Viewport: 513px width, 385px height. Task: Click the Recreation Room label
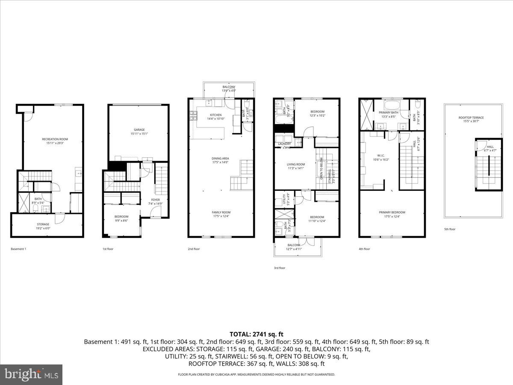click(55, 139)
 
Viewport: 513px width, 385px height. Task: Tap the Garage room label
click(139, 130)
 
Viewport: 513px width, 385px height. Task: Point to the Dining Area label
click(220, 158)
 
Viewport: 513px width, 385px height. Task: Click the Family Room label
click(221, 213)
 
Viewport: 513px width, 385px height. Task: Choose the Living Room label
click(295, 164)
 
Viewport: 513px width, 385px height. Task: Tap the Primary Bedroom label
click(392, 213)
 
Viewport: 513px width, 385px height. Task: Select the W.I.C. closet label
click(381, 155)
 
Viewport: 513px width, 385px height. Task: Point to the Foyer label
click(154, 200)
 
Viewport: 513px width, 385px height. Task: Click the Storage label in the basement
click(43, 224)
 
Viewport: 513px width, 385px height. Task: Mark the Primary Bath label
click(388, 113)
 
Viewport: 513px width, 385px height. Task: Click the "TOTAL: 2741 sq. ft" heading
click(256, 334)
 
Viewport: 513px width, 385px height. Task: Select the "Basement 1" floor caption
click(18, 249)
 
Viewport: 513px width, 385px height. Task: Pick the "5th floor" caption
click(450, 229)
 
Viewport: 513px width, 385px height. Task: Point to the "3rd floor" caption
click(279, 268)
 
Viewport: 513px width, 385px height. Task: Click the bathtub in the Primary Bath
click(391, 105)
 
